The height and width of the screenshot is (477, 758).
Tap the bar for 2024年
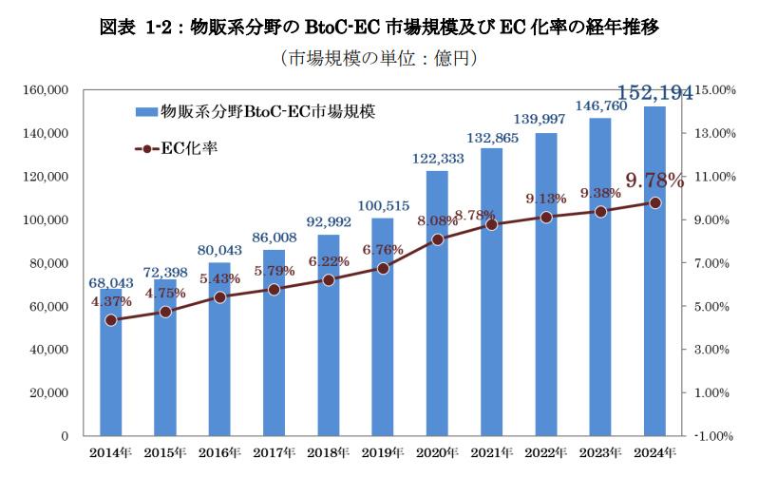(654, 285)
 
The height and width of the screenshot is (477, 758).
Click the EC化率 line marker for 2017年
(275, 289)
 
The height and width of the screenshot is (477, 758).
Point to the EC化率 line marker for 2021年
(491, 224)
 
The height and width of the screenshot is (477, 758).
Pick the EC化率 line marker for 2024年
(654, 202)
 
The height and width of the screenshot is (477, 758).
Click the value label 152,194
(654, 92)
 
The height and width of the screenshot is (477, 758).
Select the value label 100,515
(383, 205)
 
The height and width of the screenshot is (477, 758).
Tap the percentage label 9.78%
(654, 180)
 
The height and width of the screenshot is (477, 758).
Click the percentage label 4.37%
(111, 301)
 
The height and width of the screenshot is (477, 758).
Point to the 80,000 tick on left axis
(47, 263)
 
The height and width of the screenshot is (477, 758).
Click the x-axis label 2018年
(329, 452)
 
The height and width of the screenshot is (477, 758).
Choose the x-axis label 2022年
(545, 452)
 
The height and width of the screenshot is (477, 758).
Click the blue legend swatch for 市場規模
(146, 111)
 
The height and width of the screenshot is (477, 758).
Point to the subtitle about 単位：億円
(378, 59)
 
